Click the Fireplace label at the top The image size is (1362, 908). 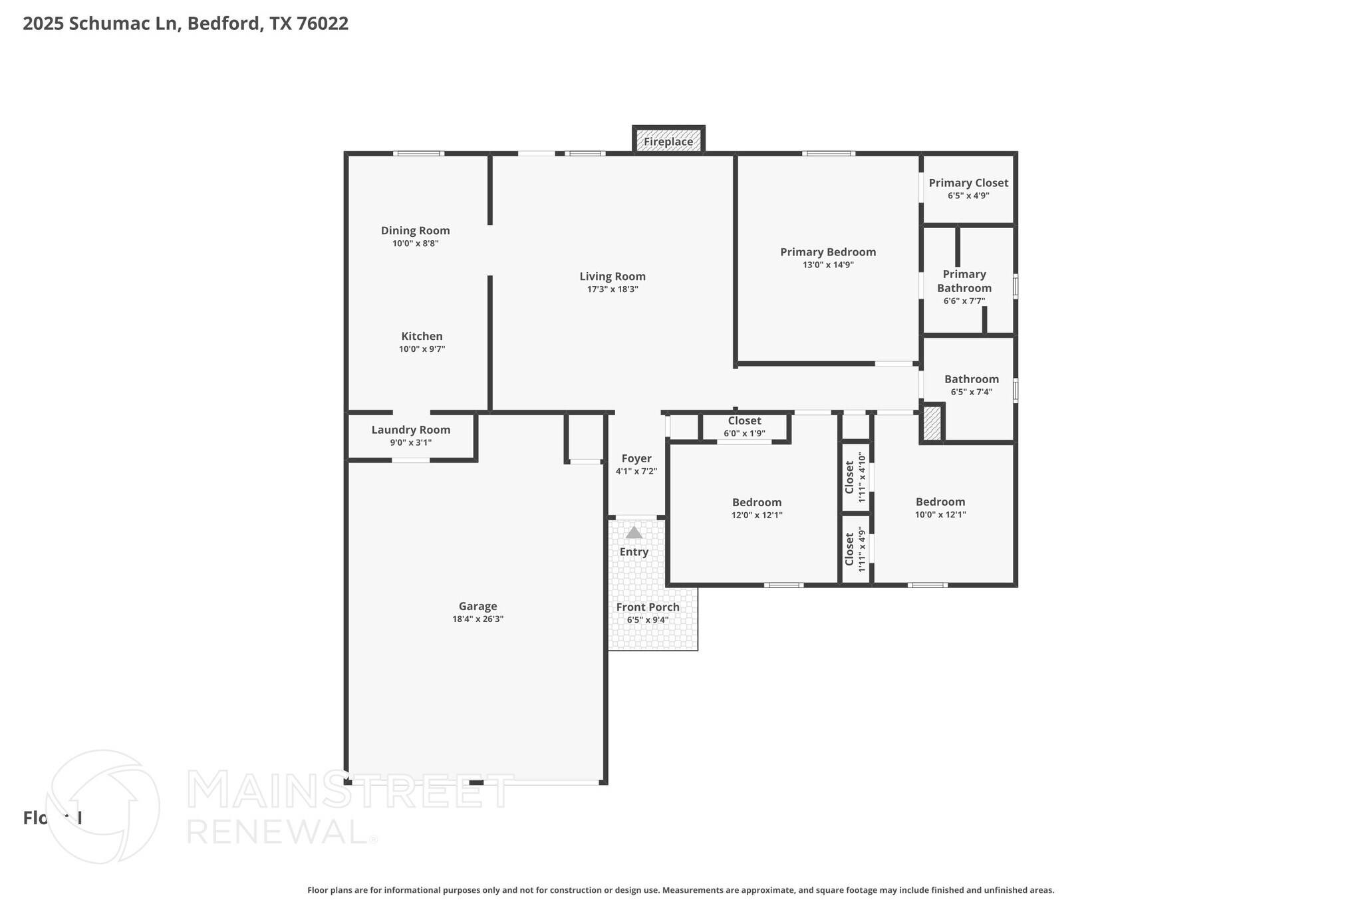tap(668, 142)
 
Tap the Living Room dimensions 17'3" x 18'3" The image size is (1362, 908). tap(613, 289)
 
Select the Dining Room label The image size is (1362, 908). tap(415, 231)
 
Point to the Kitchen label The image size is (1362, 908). tap(422, 337)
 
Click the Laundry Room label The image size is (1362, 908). tap(410, 430)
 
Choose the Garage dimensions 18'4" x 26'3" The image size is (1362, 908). tap(477, 619)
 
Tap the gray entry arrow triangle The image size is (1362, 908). tap(634, 533)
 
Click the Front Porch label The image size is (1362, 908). tap(648, 607)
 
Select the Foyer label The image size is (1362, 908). tap(636, 459)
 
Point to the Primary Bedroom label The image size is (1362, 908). tap(828, 252)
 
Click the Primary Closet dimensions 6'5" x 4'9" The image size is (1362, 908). tap(968, 196)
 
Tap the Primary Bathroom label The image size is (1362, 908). tap(964, 281)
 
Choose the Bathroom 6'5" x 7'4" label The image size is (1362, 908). tap(972, 380)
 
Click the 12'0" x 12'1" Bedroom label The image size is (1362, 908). tap(757, 503)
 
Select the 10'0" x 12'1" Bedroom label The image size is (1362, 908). tap(940, 502)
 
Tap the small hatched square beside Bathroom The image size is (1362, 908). tap(932, 423)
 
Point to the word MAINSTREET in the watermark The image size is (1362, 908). tap(350, 791)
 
